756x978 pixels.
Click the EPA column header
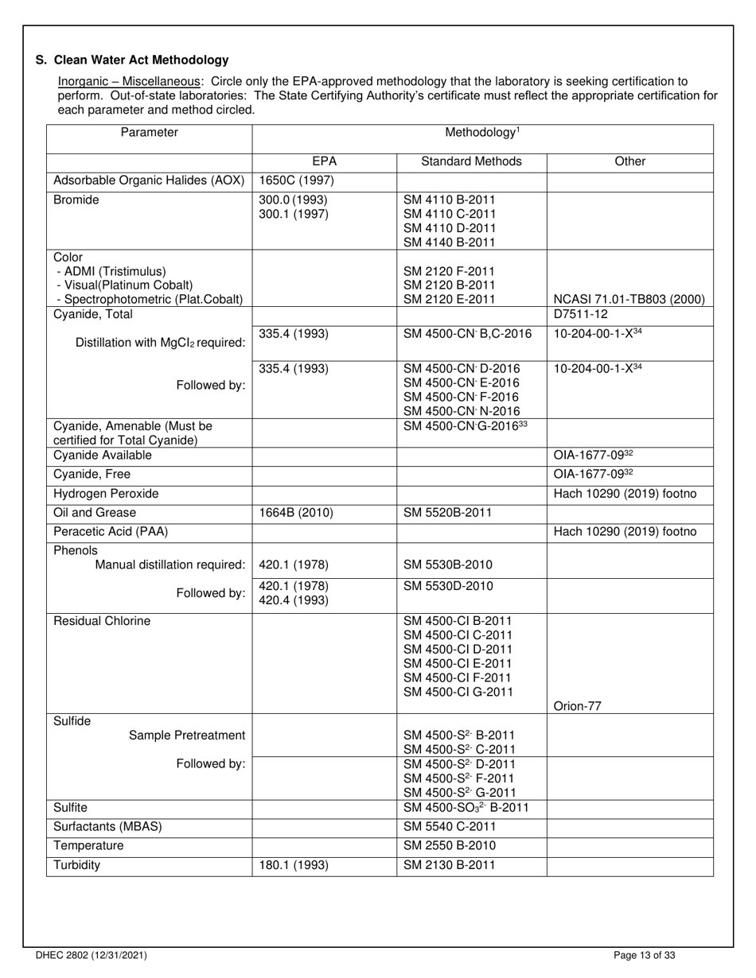point(324,161)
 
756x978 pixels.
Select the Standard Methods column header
point(471,161)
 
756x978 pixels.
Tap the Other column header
point(629,161)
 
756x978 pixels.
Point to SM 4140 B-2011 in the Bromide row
point(449,242)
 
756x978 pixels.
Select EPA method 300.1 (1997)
point(293,214)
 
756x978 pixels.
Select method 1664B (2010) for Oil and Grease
point(296,513)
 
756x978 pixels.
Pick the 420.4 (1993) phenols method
point(293,601)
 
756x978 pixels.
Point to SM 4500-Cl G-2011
point(458,692)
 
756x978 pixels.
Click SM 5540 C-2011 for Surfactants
point(449,827)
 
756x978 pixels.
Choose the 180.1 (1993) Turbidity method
point(293,865)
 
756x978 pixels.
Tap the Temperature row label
point(88,846)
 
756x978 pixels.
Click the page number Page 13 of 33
point(645,956)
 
